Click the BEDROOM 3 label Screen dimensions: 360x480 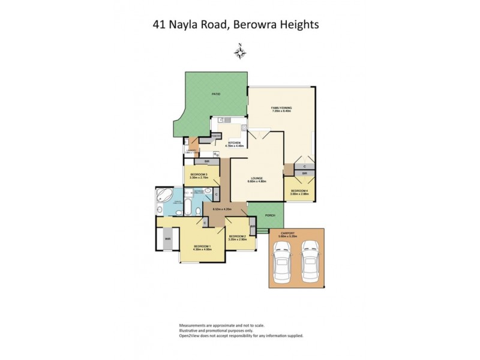(198, 175)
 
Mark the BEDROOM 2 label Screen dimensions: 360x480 (237, 236)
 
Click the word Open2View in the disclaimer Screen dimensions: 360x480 (191, 335)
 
